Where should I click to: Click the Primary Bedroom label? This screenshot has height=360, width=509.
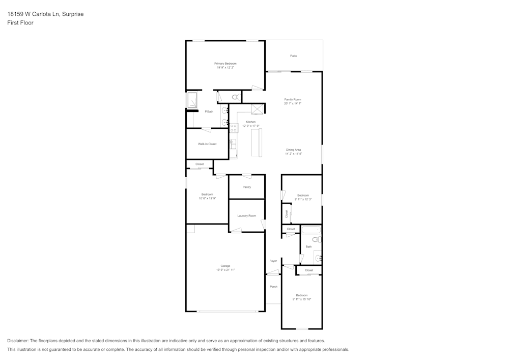225,64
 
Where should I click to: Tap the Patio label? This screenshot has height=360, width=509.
293,56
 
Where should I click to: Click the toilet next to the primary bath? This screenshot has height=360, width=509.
236,97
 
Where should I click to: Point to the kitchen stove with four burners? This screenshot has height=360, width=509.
234,128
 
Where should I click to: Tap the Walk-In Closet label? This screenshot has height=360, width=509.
207,144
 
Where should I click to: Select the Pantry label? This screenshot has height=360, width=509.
246,187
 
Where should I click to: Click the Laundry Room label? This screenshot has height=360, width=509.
246,216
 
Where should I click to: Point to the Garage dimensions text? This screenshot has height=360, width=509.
225,270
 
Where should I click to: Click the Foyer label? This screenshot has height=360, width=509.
273,261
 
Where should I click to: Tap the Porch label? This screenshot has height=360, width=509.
273,287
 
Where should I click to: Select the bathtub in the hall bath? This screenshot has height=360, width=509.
310,230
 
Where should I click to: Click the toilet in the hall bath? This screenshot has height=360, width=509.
316,239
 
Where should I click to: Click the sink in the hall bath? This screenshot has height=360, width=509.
318,258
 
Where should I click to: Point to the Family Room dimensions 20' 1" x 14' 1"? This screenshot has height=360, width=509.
293,103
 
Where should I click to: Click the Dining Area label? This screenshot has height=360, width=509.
293,150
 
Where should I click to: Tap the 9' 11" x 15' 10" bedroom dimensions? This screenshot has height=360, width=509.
301,299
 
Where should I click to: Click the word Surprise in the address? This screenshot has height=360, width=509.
72,14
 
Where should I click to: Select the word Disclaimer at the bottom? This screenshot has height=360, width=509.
17,341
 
